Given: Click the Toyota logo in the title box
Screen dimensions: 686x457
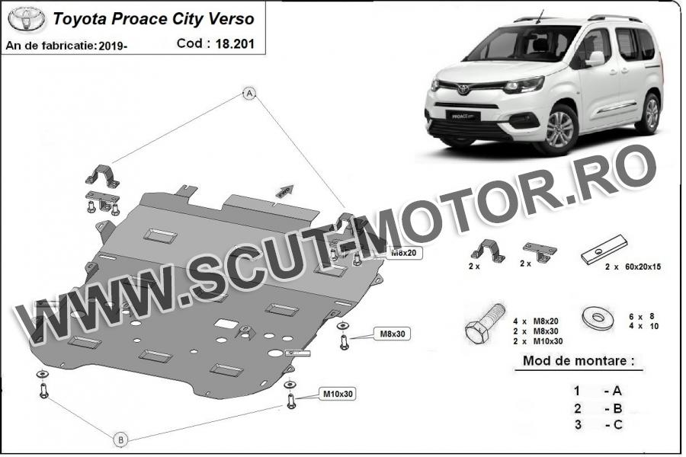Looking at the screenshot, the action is pos(26,19).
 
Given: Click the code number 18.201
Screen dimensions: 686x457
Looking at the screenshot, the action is pos(235,43).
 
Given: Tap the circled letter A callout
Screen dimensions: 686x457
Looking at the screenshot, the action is pos(249,93).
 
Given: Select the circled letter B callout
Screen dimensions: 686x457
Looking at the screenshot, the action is pos(121,439).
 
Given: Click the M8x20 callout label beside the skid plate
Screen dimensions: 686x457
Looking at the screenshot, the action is pos(404,253).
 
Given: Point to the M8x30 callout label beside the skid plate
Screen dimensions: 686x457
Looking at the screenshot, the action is pos(393,334).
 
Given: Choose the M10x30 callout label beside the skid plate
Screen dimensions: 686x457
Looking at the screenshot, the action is pos(338,394).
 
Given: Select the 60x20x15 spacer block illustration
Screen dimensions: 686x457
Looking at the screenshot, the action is pos(604,249).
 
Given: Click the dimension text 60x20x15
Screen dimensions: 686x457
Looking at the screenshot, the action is pos(643,267).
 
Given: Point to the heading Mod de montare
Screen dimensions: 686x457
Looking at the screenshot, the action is pos(579,361).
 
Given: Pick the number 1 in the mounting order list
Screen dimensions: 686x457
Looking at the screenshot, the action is pos(578,391).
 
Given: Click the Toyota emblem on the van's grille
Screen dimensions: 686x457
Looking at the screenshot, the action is pos(463,90).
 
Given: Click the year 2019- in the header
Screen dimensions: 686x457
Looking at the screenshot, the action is pos(113,46).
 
